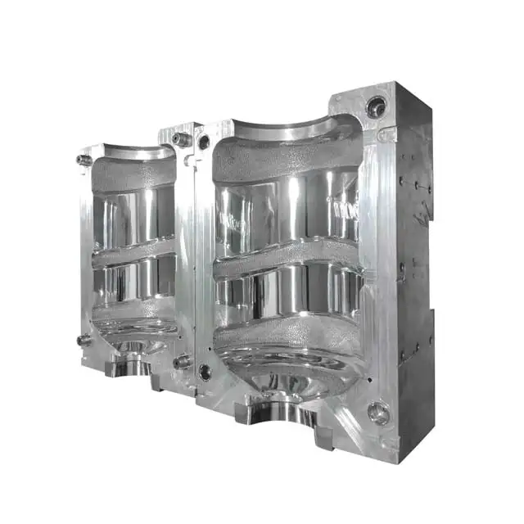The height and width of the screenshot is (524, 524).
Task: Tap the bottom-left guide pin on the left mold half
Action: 84,340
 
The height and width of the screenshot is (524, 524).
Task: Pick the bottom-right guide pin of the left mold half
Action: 182,361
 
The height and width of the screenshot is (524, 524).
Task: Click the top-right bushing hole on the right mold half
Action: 376,106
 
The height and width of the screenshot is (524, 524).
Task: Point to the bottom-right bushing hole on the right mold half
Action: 378,413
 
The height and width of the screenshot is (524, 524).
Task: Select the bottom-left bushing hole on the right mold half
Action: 205,373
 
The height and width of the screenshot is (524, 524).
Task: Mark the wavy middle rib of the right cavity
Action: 287,260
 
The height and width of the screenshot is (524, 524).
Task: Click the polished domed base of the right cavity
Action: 282,373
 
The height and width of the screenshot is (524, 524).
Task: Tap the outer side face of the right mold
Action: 413,270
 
